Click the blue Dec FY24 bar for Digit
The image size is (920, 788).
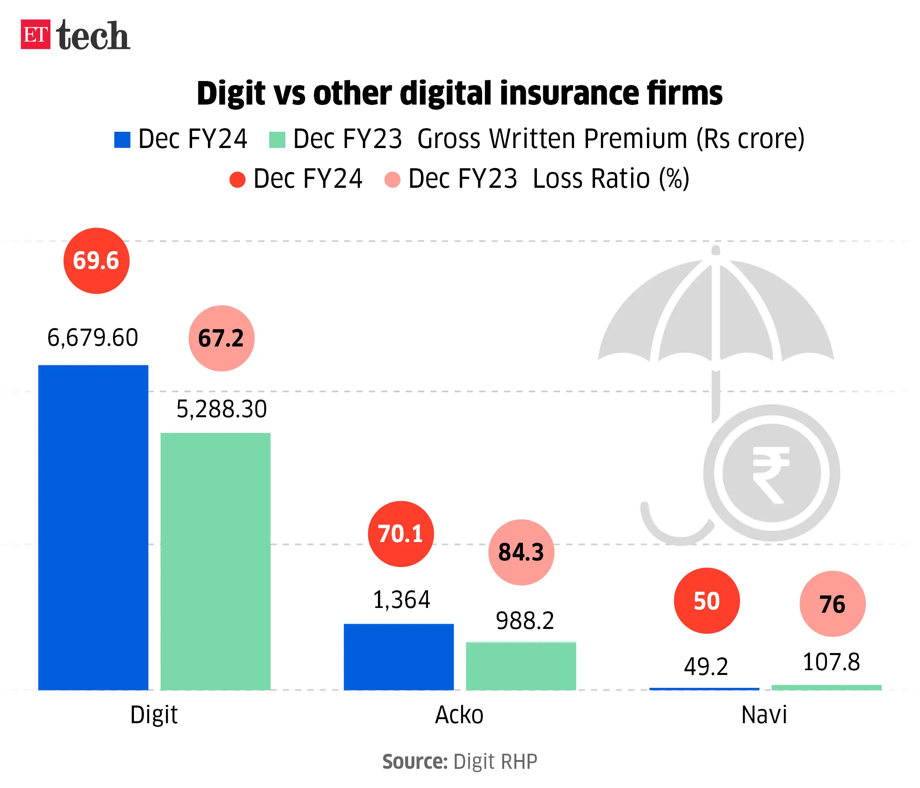93,527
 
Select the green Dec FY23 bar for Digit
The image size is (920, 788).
215,561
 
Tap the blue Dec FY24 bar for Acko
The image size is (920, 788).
399,657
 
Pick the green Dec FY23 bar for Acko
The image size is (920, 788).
521,666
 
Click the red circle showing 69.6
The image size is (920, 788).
96,261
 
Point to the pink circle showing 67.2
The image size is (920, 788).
221,338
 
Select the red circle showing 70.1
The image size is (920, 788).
400,534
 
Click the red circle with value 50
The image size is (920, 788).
707,601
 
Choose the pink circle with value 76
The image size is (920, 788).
832,604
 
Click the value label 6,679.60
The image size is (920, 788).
93,338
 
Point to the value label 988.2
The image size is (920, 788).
525,620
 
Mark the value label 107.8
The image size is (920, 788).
831,662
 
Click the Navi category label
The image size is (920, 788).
764,715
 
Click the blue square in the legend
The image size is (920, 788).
122,140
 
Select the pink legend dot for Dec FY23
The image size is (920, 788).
392,179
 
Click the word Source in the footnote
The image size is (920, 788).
415,761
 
